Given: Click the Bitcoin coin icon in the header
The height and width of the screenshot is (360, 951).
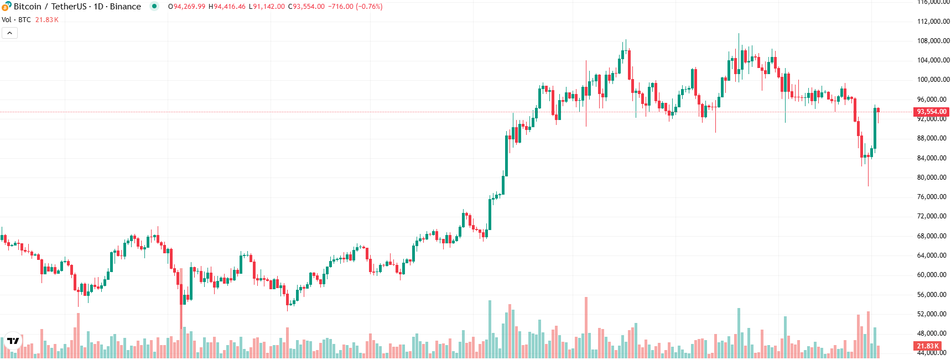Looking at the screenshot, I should pos(6,6).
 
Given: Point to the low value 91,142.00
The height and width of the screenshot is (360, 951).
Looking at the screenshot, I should pos(269,7).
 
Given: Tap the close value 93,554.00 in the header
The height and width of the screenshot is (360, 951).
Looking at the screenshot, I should pos(309,7).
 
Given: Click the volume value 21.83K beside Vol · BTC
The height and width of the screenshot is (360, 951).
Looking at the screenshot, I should pos(47,20).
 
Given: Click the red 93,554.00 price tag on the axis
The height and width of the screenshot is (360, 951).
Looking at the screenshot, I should pos(932,112).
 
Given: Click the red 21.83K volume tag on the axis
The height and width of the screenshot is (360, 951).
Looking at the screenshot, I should pos(927,346).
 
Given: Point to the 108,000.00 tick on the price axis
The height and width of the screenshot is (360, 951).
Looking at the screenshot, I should pos(933,41).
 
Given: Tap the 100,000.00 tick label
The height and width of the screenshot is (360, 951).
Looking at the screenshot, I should pos(933,80).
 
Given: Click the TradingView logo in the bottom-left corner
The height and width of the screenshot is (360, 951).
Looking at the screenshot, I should pos(13,341).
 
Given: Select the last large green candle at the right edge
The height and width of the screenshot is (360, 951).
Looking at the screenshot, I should pos(875,128).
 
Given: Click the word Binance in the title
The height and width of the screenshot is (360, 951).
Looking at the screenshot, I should pos(126,7).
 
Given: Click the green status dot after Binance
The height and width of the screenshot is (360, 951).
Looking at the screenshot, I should pos(154,7).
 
